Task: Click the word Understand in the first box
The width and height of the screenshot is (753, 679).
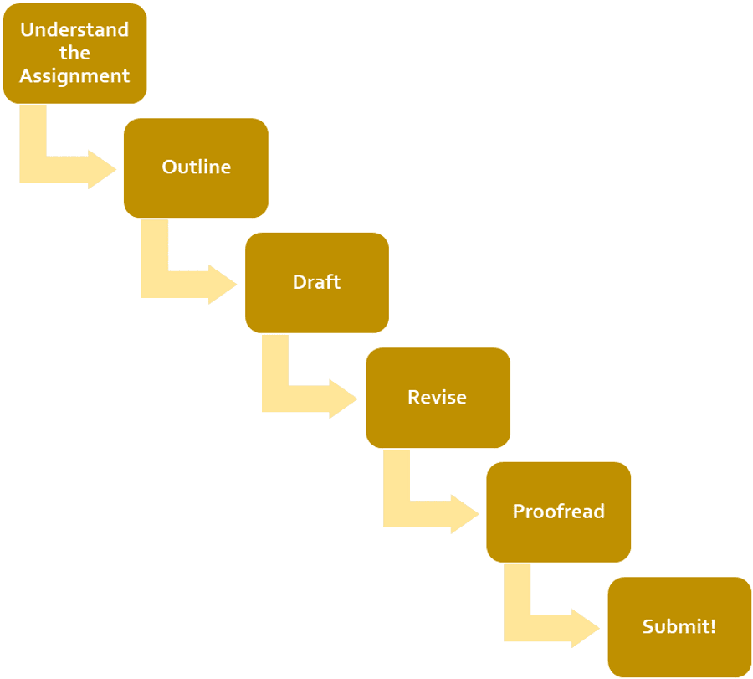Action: pos(74,30)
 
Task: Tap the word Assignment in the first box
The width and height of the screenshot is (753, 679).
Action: pos(74,76)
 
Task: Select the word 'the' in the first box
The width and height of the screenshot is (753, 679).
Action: pos(74,53)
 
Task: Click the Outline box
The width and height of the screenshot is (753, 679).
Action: pos(196,167)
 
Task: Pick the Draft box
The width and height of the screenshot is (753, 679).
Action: pos(316,282)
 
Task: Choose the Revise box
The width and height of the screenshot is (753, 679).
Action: pos(438,397)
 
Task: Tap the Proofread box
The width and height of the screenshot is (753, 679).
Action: pos(558,512)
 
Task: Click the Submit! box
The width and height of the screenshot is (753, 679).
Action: pos(679,626)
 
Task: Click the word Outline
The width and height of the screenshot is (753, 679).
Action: pos(196,167)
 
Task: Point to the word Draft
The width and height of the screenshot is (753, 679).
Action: pos(316,282)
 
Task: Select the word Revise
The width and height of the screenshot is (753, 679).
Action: pos(438,397)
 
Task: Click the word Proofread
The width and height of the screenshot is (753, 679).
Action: pos(558,512)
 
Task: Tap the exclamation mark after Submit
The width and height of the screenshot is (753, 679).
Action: pos(713,625)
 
